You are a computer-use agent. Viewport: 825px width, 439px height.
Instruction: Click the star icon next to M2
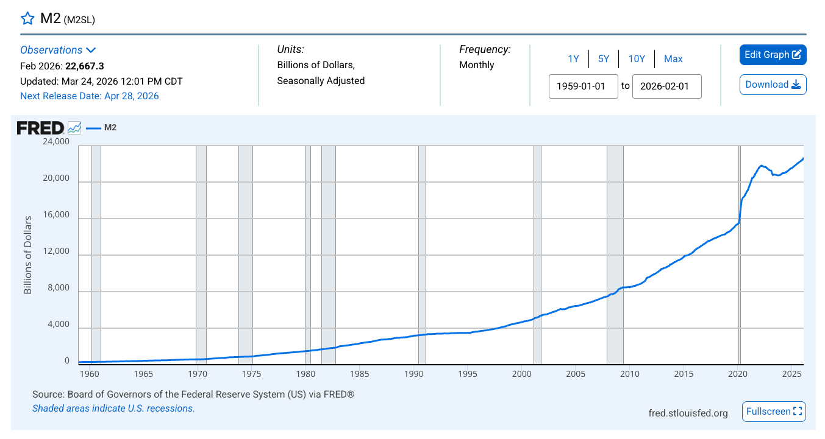(x=27, y=18)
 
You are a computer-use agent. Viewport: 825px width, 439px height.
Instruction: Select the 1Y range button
(x=573, y=59)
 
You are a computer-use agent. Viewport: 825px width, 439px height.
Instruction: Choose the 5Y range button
(x=604, y=59)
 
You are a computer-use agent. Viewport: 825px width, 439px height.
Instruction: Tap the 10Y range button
(x=637, y=59)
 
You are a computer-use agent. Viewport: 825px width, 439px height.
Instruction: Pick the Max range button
(x=673, y=59)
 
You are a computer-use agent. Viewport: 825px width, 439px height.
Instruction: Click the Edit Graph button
(x=773, y=55)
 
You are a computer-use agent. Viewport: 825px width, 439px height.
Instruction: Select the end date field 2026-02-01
(x=666, y=86)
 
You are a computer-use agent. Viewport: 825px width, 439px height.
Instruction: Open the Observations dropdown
(x=58, y=50)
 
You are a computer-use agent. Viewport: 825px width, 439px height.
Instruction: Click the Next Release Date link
(x=89, y=96)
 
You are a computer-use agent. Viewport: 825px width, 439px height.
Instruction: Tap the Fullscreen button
(x=774, y=412)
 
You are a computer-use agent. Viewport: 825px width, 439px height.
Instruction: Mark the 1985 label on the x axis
(x=360, y=374)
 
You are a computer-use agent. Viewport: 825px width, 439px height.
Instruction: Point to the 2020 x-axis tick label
(x=739, y=374)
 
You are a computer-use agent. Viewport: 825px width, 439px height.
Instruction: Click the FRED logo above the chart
(x=40, y=128)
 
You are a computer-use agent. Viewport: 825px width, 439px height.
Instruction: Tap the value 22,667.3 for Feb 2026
(x=85, y=66)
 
